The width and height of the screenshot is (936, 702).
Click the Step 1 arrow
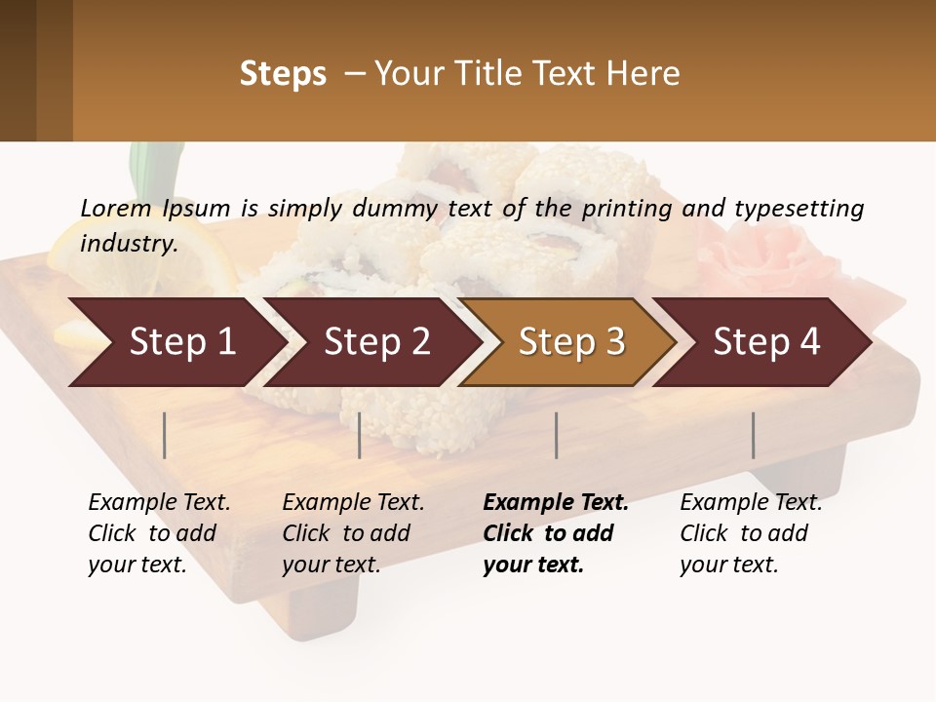tap(175, 342)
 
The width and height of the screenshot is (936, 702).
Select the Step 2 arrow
tap(375, 342)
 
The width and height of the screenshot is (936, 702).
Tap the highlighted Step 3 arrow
tap(570, 342)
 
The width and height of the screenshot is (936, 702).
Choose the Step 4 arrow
tap(765, 342)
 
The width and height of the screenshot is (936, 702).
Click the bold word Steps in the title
tap(283, 74)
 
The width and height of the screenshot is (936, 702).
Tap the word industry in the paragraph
tap(129, 243)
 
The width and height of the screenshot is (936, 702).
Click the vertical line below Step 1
tap(165, 435)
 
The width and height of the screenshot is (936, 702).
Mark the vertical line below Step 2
tap(360, 435)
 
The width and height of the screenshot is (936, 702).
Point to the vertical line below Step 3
tap(557, 435)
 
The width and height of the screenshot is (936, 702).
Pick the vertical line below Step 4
tap(754, 435)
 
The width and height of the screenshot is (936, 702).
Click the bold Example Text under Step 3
tap(556, 503)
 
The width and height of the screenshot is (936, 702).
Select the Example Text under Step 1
tap(159, 503)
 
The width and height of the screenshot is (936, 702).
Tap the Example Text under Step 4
tap(751, 503)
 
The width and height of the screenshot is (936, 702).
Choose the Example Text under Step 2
tap(353, 503)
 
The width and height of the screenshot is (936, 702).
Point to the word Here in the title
tap(647, 74)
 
